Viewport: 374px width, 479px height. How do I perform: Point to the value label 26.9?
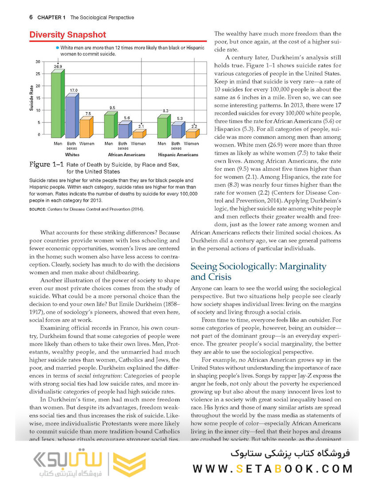[58, 66]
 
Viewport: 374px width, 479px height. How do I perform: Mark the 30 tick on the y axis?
[38, 61]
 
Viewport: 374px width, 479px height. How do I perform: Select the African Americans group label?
[126, 155]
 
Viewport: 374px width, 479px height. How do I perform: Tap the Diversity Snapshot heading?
[67, 35]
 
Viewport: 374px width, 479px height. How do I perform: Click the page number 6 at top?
[31, 18]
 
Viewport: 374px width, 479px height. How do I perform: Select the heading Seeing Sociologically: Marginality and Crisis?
[258, 271]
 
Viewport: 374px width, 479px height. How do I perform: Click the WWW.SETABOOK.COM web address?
[273, 468]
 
